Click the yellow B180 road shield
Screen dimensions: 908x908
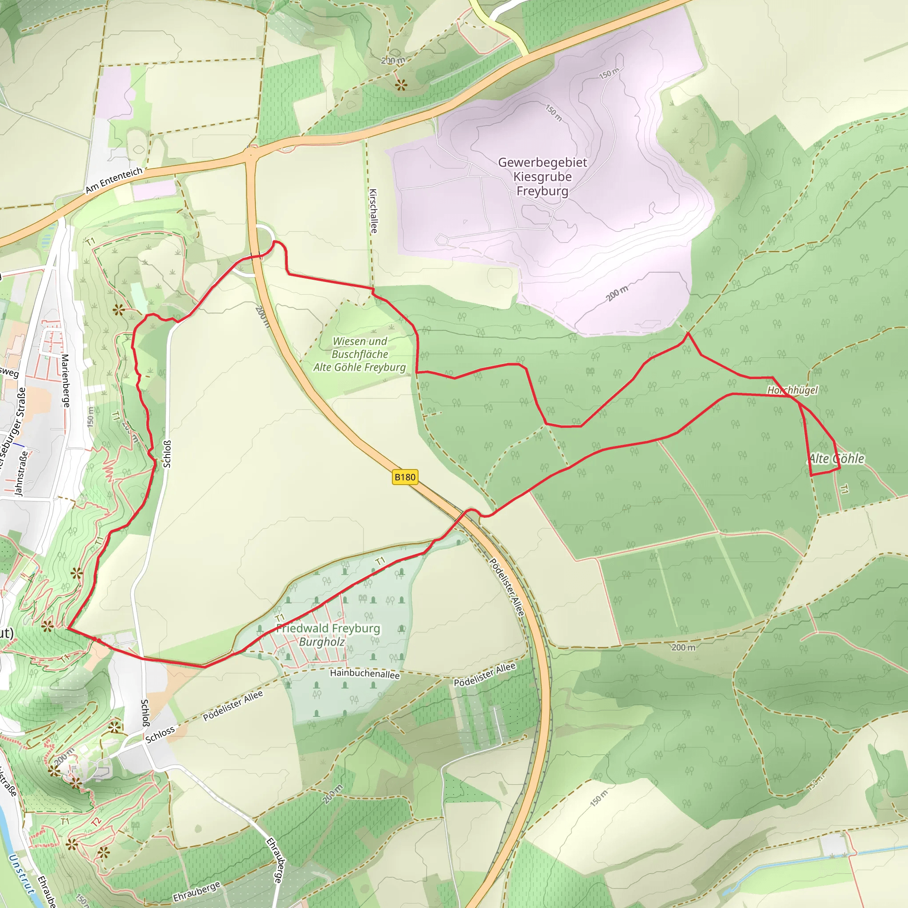coord(405,477)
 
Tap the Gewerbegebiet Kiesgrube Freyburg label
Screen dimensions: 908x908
coord(542,177)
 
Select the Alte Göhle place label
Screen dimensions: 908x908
coord(836,459)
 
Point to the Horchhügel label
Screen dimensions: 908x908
coord(792,390)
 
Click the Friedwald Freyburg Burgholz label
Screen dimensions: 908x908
coord(328,634)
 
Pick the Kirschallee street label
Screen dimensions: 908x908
coord(373,211)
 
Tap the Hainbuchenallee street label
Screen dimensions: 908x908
coord(365,673)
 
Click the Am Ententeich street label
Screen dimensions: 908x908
coord(114,180)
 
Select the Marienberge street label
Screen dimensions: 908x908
coord(65,381)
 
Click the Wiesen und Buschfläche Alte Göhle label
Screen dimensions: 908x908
coord(360,354)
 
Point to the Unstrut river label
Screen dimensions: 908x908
coord(22,874)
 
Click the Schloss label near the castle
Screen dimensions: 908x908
coord(160,735)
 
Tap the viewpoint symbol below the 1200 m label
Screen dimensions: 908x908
coord(400,85)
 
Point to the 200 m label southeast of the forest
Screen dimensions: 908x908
coord(683,648)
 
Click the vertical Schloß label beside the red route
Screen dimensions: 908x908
coord(167,454)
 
